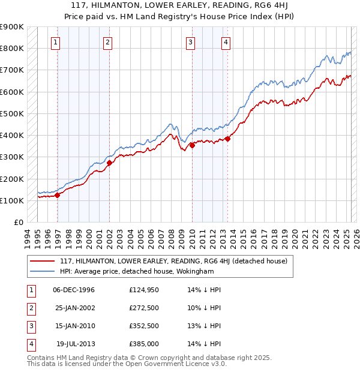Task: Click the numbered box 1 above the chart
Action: point(55,42)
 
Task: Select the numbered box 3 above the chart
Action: point(190,42)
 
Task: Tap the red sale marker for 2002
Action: point(109,163)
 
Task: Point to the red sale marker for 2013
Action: point(227,139)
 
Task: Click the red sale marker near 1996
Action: point(58,195)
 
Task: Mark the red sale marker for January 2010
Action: point(192,145)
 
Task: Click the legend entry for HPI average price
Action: point(137,271)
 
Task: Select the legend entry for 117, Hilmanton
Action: point(174,261)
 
